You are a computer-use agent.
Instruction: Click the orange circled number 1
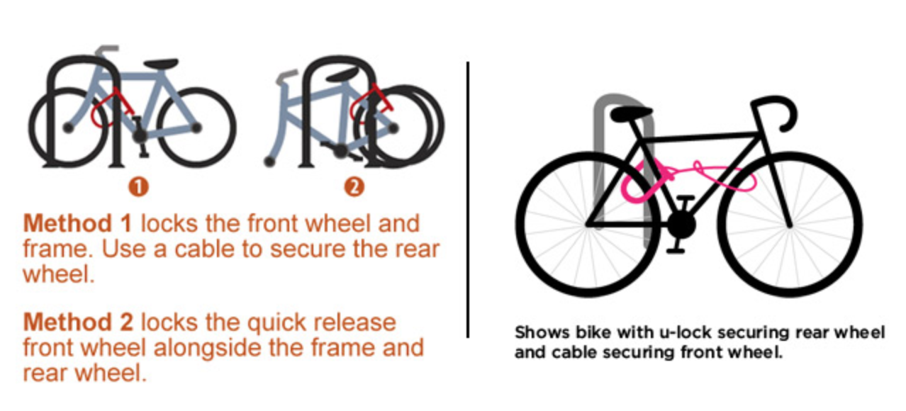click(138, 187)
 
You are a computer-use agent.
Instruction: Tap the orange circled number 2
click(354, 187)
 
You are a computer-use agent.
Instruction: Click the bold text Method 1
click(78, 223)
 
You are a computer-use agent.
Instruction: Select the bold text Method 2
click(78, 322)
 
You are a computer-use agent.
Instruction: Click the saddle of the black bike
click(631, 114)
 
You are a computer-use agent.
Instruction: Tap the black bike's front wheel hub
click(790, 225)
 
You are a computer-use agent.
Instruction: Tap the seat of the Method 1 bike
click(161, 64)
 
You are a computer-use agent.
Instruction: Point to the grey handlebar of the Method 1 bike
click(106, 50)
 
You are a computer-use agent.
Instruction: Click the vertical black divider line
click(468, 200)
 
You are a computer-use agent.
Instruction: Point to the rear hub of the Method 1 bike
click(196, 128)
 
